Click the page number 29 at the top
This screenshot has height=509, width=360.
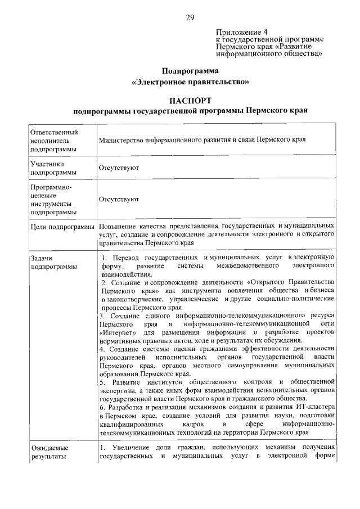pyautogui.click(x=190, y=17)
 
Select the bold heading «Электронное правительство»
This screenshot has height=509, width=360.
pyautogui.click(x=190, y=82)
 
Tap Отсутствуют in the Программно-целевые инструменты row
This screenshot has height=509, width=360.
pyautogui.click(x=119, y=199)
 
